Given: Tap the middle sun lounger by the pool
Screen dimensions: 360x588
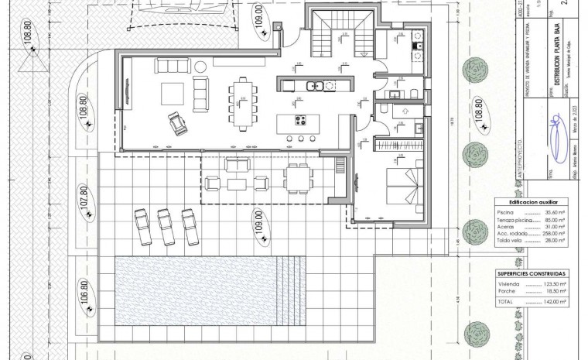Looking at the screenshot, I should (x=166, y=225).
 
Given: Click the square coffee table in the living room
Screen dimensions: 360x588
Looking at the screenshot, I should (x=173, y=94).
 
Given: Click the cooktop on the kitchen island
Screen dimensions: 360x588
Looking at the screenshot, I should (x=301, y=120).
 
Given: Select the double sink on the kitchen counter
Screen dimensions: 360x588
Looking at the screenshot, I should (x=313, y=86).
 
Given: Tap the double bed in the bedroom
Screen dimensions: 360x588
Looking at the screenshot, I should (x=404, y=186).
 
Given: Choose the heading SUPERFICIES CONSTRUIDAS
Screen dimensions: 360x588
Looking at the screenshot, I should (x=531, y=273).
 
